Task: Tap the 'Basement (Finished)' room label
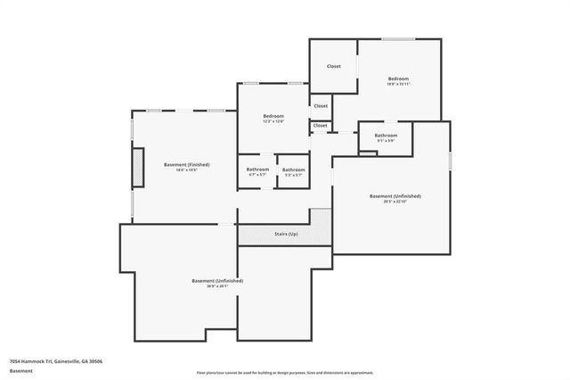click(186, 164)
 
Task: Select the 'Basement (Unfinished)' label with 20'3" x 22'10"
click(395, 195)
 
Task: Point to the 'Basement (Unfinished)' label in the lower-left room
click(217, 280)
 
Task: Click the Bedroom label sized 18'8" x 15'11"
click(398, 78)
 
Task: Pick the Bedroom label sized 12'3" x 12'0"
click(273, 117)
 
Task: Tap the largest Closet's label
click(333, 66)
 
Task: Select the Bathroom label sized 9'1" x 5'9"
click(386, 136)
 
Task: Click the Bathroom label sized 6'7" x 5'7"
click(257, 169)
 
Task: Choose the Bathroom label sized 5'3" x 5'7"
click(293, 169)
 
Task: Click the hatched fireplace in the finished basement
click(138, 168)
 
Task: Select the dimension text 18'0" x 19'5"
click(186, 169)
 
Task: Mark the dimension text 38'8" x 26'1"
click(217, 285)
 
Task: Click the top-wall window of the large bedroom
click(397, 38)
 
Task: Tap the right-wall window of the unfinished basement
click(450, 158)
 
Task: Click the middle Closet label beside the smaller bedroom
click(321, 105)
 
